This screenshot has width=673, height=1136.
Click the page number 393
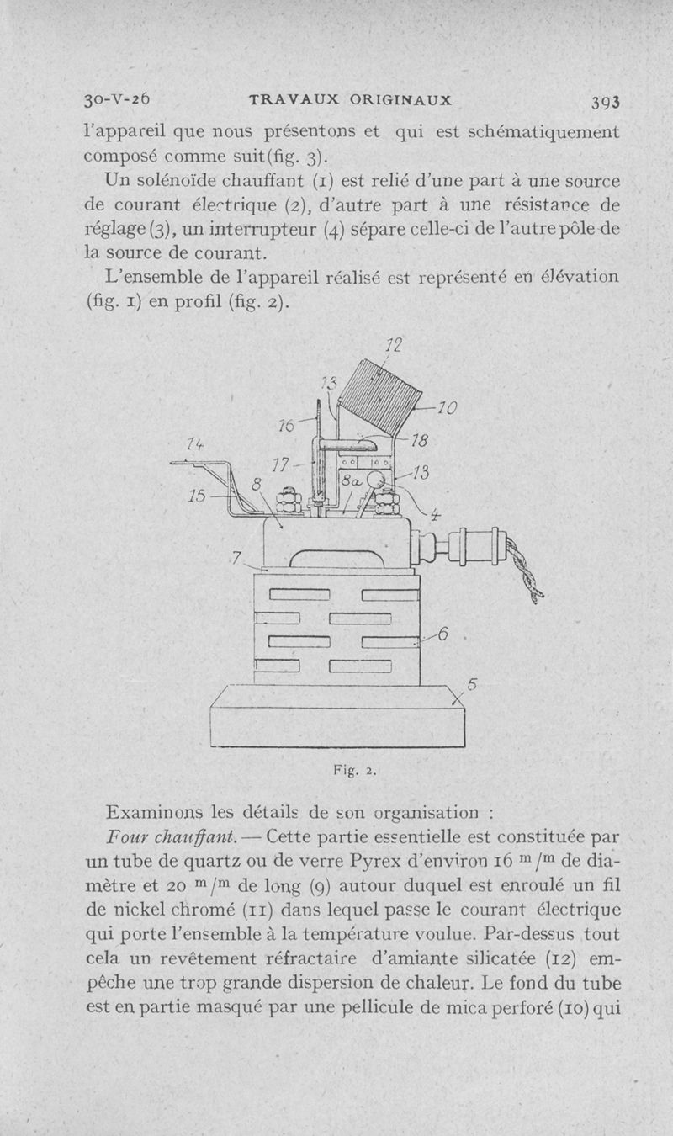coord(604,101)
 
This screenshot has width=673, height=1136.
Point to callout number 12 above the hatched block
coord(392,345)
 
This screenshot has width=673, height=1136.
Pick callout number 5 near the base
coord(471,685)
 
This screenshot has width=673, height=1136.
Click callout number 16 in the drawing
coord(286,427)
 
